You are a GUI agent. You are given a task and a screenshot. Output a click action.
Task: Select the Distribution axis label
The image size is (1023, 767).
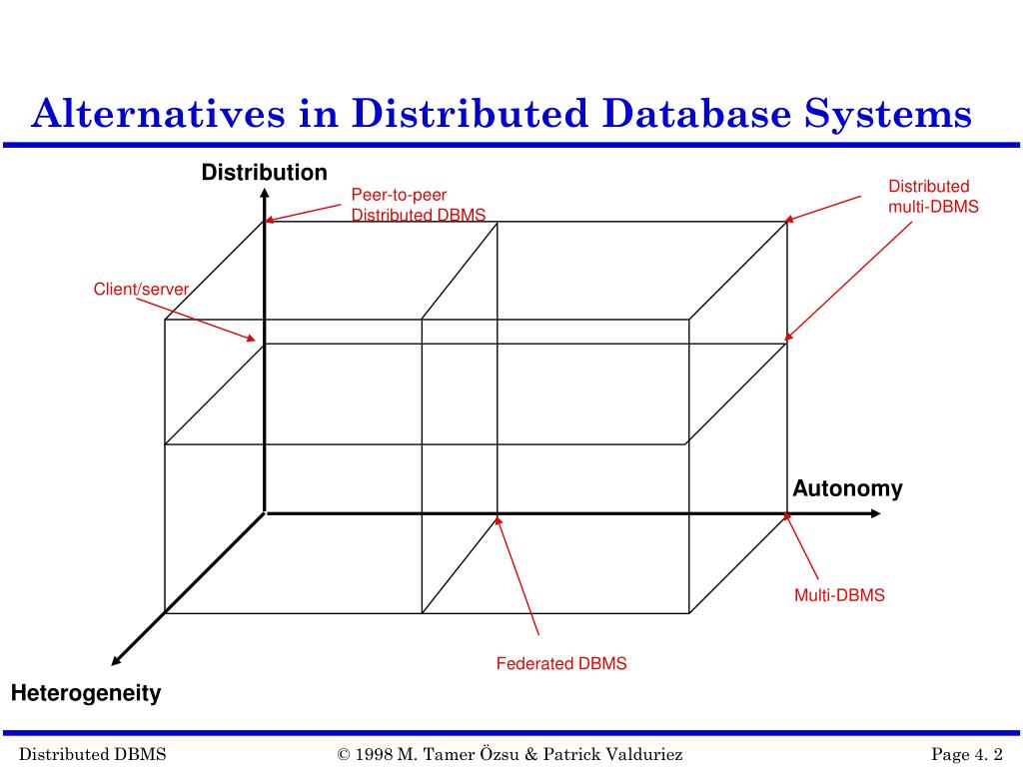pos(264,173)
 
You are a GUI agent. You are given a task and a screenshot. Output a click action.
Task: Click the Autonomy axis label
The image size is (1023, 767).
pos(847,489)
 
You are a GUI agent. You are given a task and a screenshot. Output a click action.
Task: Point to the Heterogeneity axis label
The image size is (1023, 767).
pos(86,694)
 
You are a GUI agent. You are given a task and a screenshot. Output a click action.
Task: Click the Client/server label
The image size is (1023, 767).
pos(141,290)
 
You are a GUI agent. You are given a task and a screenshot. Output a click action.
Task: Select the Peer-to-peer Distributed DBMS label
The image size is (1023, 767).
pos(418,205)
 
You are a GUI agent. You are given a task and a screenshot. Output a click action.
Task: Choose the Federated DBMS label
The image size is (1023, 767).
pos(561,664)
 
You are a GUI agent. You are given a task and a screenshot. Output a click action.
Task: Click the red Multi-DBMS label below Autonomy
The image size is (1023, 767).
pos(839,595)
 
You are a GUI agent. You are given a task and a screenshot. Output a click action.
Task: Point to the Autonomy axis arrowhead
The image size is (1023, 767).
pos(875,513)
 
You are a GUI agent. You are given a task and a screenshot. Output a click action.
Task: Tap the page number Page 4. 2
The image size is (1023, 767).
pos(966,754)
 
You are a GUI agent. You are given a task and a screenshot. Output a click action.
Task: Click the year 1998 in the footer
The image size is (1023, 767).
pos(375,754)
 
